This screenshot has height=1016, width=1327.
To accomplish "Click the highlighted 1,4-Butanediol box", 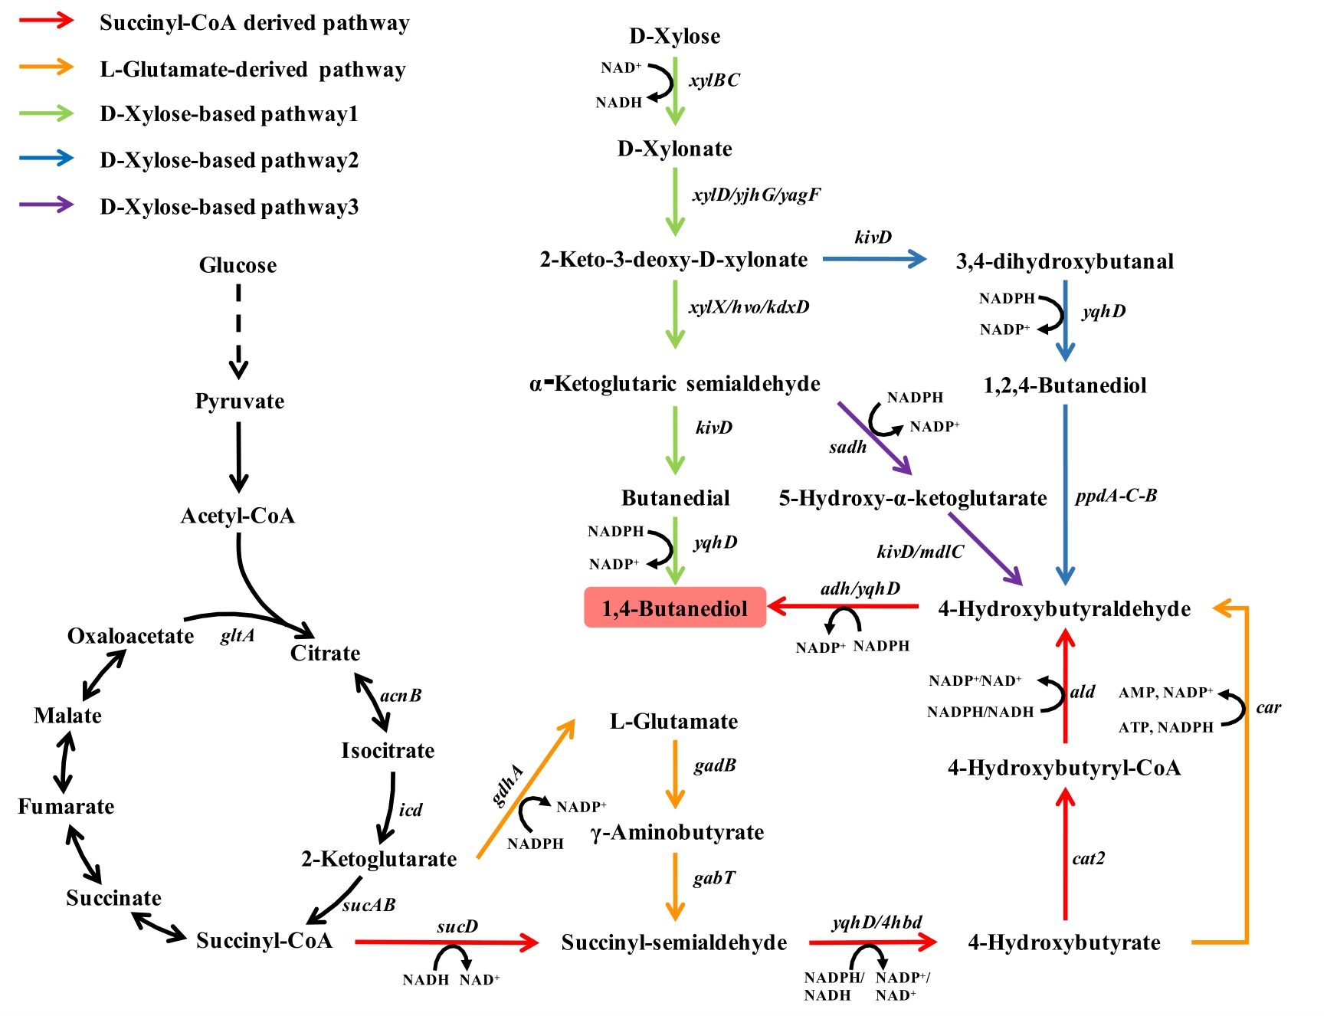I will pyautogui.click(x=675, y=608).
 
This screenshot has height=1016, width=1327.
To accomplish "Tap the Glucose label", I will pyautogui.click(x=238, y=265).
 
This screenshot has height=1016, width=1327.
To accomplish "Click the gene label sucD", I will pyautogui.click(x=457, y=926).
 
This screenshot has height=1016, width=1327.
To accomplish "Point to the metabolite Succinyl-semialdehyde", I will pyautogui.click(x=674, y=942).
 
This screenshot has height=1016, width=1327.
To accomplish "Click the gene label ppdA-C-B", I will pyautogui.click(x=1116, y=496).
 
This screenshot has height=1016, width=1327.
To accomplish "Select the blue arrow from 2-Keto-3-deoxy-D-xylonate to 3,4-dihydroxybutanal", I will pyautogui.click(x=874, y=259).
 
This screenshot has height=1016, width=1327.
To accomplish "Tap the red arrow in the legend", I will pyautogui.click(x=47, y=21).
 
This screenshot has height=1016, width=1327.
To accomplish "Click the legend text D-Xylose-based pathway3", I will pyautogui.click(x=229, y=207).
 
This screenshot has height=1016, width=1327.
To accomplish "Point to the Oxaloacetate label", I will pyautogui.click(x=130, y=636).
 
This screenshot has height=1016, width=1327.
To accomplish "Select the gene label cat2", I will pyautogui.click(x=1088, y=858).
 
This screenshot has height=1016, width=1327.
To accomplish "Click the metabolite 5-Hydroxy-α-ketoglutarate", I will pyautogui.click(x=913, y=499).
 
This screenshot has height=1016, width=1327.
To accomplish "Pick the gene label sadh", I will pyautogui.click(x=847, y=447).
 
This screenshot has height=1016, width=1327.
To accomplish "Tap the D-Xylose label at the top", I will pyautogui.click(x=674, y=36).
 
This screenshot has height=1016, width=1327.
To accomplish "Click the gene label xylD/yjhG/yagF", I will pyautogui.click(x=756, y=195).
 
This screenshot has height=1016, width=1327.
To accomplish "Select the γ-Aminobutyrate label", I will pyautogui.click(x=677, y=832).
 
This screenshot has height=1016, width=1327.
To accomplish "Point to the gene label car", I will pyautogui.click(x=1268, y=707).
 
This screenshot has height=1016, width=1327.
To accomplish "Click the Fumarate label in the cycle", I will pyautogui.click(x=66, y=806).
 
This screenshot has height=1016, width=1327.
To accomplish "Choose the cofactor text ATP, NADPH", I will pyautogui.click(x=1165, y=727).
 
